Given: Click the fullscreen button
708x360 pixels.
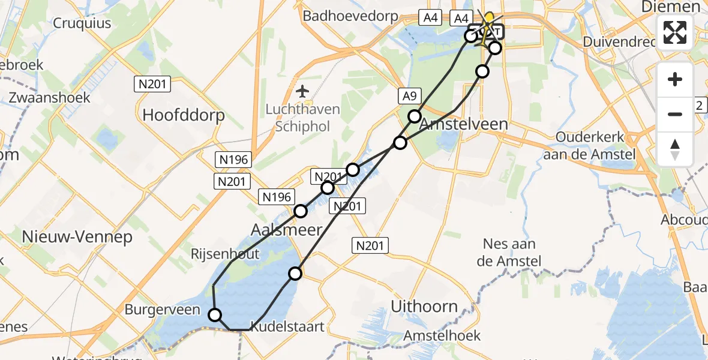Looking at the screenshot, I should pyautogui.click(x=675, y=32).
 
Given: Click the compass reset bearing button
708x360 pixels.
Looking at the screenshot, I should pyautogui.click(x=675, y=149).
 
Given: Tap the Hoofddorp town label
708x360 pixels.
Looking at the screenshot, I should pyautogui.click(x=183, y=115).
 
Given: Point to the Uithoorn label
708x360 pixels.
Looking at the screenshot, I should pyautogui.click(x=424, y=307).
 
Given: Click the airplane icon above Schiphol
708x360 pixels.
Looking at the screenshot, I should pyautogui.click(x=303, y=91).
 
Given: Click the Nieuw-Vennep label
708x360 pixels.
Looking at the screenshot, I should pyautogui.click(x=77, y=237).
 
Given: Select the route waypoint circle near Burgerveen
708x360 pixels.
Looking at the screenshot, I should pyautogui.click(x=214, y=314).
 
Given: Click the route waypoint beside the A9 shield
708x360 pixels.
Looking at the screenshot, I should pyautogui.click(x=414, y=116).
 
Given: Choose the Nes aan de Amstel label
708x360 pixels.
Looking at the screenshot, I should pyautogui.click(x=509, y=252).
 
